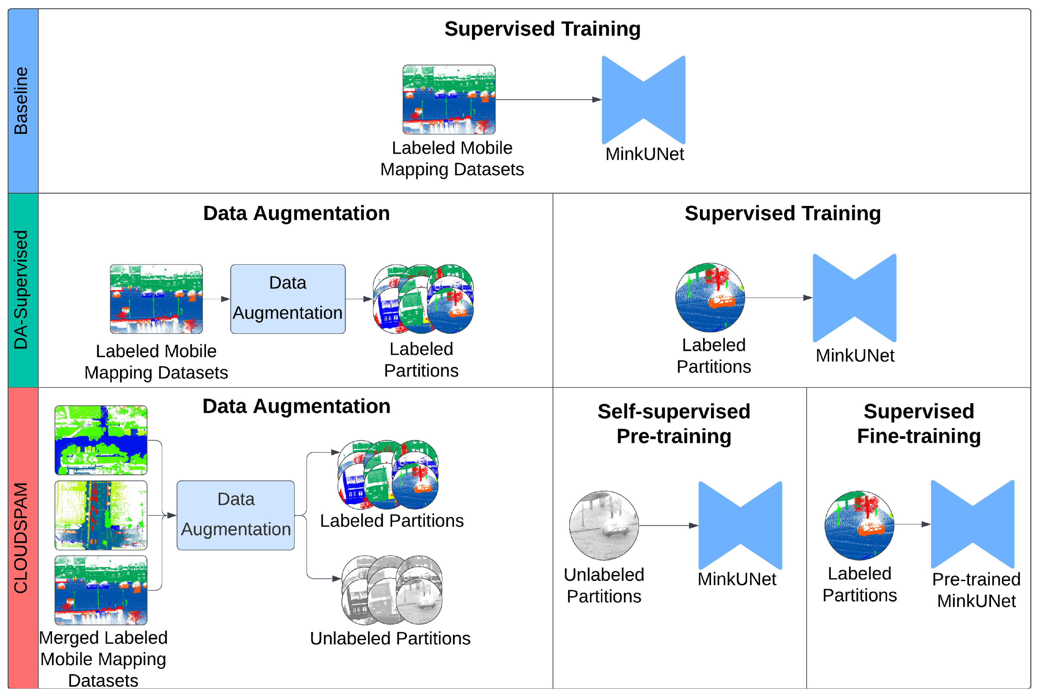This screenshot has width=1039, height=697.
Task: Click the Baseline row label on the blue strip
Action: tap(22, 101)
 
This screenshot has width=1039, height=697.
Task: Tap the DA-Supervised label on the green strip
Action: tap(22, 290)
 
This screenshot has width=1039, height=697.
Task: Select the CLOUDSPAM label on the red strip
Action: tap(22, 538)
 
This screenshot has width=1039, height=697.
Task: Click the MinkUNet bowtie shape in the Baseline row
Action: tap(643, 100)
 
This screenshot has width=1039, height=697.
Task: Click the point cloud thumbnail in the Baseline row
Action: tap(449, 100)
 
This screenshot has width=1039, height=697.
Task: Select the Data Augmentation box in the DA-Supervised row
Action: tap(288, 299)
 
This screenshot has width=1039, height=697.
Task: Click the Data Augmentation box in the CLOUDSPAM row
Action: tap(236, 515)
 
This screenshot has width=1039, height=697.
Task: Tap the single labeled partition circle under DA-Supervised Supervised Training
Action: tap(710, 298)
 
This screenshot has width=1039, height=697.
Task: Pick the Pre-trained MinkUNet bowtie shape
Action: tap(972, 524)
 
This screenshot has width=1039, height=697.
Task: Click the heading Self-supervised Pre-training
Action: tap(674, 423)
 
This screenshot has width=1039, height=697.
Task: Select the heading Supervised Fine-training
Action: tap(919, 423)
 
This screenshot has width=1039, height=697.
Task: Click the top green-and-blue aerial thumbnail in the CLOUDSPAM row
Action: tap(101, 440)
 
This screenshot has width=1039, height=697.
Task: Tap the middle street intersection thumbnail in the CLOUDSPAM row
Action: tap(101, 515)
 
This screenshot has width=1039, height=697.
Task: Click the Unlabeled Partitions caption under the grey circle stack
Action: tap(390, 638)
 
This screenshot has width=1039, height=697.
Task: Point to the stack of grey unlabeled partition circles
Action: tap(392, 589)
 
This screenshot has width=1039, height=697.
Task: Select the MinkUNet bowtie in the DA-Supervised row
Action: tap(854, 298)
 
